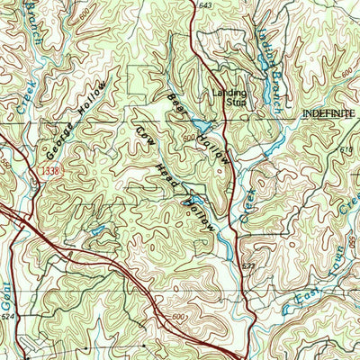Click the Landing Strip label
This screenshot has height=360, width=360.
[x=229, y=96]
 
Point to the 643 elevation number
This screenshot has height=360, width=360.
[x=205, y=6]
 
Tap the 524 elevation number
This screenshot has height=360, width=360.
[x=9, y=318]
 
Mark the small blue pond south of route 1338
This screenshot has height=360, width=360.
[x=95, y=231]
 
